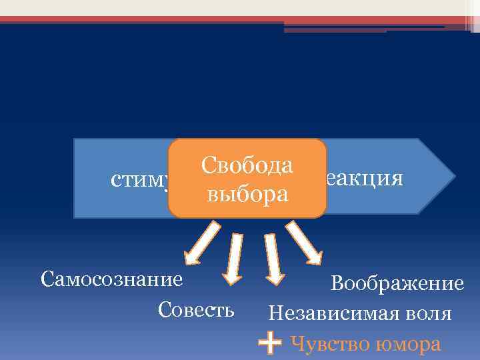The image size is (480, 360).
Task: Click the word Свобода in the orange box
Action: (247, 165)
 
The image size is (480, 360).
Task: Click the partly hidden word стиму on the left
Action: (139, 180)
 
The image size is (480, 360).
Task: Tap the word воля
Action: (431, 313)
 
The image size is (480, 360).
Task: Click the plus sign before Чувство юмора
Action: (269, 344)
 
